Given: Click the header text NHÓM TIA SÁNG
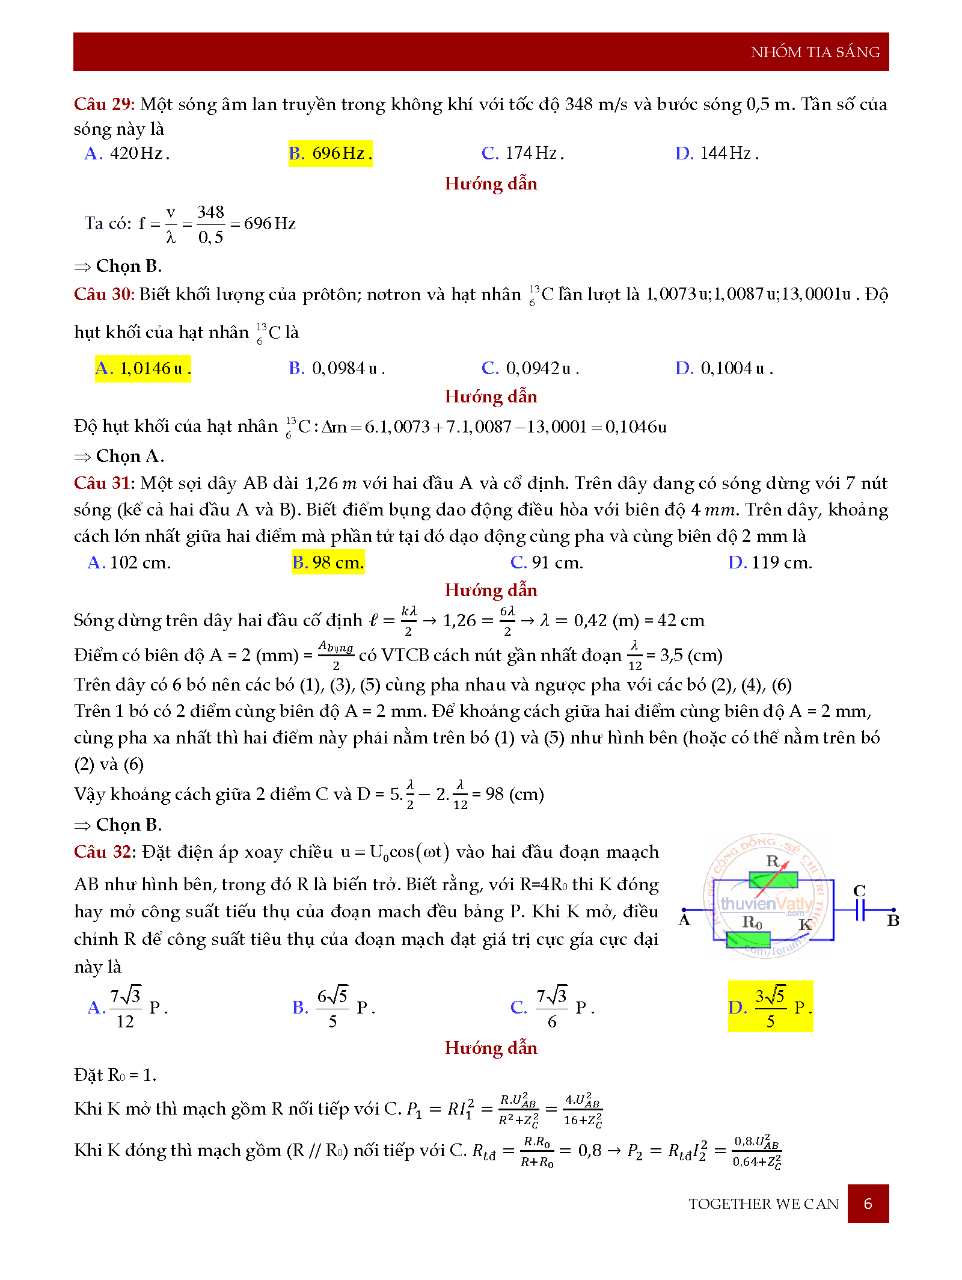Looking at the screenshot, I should (815, 52).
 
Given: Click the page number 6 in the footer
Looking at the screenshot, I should (868, 1204).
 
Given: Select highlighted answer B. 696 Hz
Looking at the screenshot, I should (330, 153).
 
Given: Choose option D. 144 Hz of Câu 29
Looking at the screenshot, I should (717, 153).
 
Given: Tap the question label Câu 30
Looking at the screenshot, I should (103, 294).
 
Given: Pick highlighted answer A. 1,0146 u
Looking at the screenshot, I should (143, 368).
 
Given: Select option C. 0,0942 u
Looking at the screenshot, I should (530, 368).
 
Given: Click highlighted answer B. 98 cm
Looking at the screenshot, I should (328, 562).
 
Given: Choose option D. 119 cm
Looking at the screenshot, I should (770, 562).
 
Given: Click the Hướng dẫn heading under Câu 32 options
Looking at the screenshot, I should (491, 1048).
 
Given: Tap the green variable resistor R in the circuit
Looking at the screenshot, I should (773, 881).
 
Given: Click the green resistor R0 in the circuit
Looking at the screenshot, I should (748, 940).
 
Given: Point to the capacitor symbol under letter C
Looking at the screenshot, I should (861, 910).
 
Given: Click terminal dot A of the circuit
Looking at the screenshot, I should (684, 910).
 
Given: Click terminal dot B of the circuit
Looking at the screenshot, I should (893, 910).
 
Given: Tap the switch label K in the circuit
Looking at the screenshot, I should (805, 925).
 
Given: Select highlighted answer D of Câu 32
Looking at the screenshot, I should (770, 1007).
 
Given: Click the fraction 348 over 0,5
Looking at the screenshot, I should (210, 224).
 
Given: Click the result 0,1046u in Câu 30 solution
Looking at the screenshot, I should (636, 427).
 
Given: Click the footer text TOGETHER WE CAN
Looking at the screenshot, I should (764, 1204).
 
